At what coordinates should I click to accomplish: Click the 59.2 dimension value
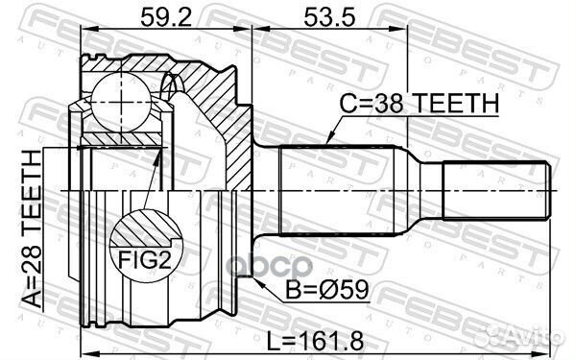[x=166, y=17]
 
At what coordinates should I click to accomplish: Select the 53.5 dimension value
[x=329, y=17]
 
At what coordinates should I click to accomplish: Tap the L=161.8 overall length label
[x=315, y=341]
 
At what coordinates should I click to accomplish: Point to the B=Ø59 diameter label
[x=327, y=289]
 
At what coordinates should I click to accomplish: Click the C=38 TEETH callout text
[x=420, y=104]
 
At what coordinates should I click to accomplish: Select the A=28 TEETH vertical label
[x=32, y=228]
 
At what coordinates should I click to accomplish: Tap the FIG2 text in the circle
[x=145, y=260]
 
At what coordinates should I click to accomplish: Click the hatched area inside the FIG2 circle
[x=146, y=228]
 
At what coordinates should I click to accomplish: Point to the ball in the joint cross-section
[x=121, y=102]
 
